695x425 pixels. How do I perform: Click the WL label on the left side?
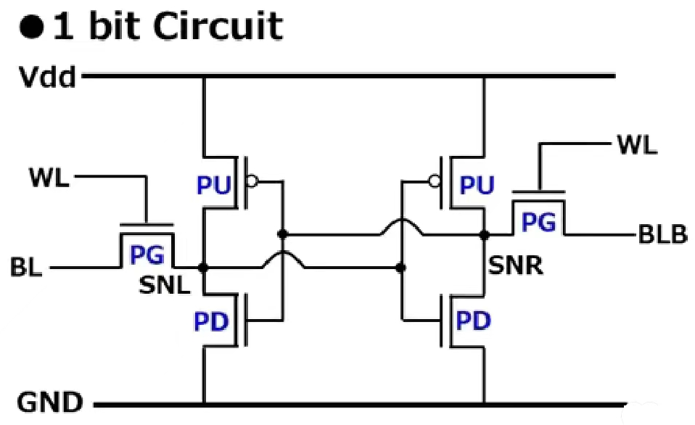pyautogui.click(x=50, y=177)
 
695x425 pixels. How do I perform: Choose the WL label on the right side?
pyautogui.click(x=637, y=144)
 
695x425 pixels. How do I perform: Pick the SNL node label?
pyautogui.click(x=165, y=286)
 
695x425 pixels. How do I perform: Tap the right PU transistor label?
pyautogui.click(x=477, y=186)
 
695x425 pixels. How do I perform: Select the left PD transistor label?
pyautogui.click(x=213, y=321)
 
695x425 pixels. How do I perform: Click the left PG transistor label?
pyautogui.click(x=147, y=255)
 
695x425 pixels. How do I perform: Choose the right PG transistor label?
pyautogui.click(x=539, y=223)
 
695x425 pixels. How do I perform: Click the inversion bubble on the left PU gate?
pyautogui.click(x=252, y=182)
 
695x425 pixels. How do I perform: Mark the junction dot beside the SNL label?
pyautogui.click(x=204, y=268)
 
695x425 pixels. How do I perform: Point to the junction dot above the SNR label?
pyautogui.click(x=484, y=234)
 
